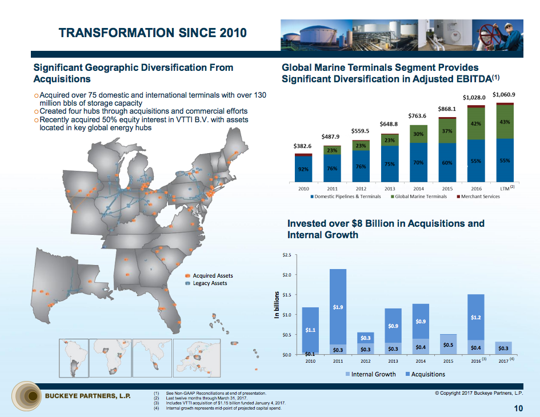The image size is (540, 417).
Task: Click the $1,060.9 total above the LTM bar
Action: [504, 94]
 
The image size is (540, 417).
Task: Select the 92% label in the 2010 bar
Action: [303, 169]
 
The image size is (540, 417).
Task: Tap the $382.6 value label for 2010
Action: [303, 146]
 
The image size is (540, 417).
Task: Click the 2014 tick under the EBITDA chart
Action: [418, 188]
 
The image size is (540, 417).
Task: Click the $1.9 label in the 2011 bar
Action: [338, 308]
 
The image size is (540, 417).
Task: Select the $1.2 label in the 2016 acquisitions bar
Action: [475, 317]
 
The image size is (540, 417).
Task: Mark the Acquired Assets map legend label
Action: [213, 276]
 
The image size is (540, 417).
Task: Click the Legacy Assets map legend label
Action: [210, 283]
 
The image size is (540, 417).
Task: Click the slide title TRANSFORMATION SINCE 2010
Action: [153, 33]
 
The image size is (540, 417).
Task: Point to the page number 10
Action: [518, 408]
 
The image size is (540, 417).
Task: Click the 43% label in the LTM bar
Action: [505, 122]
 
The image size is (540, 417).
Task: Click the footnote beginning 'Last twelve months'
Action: [206, 398]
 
